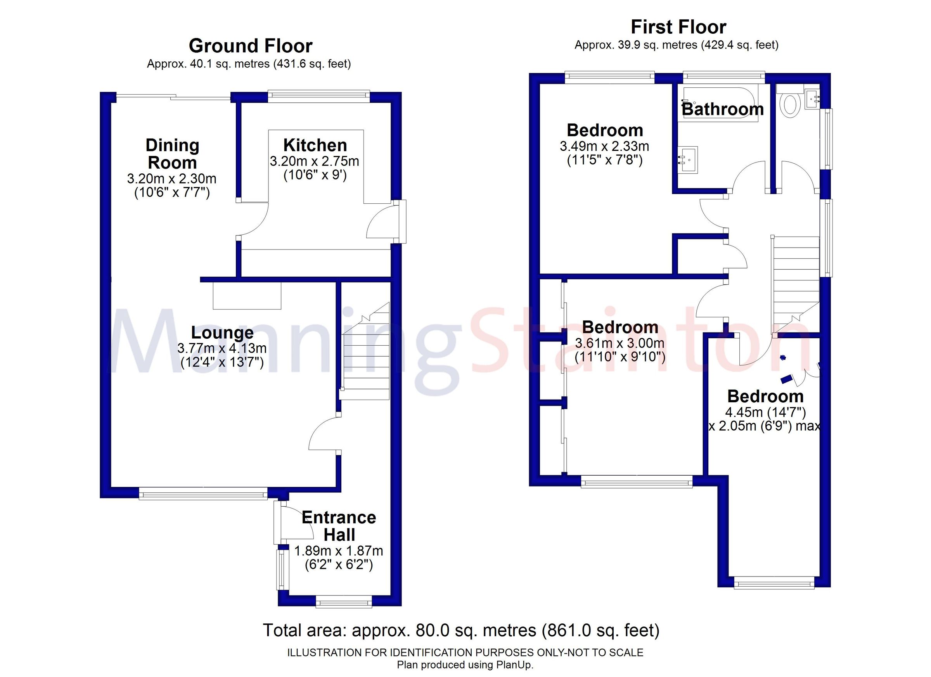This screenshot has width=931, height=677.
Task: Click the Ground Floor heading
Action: click(251, 46)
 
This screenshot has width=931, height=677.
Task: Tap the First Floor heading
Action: click(678, 27)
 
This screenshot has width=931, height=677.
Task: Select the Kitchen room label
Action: click(315, 145)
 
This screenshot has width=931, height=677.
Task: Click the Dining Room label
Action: click(172, 154)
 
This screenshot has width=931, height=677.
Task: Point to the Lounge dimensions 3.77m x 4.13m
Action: click(222, 348)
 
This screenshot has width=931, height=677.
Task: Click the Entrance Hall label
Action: click(339, 526)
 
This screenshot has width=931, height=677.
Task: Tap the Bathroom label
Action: click(722, 109)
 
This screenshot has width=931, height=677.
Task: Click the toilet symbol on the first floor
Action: click(790, 105)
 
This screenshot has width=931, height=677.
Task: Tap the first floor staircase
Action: click(796, 283)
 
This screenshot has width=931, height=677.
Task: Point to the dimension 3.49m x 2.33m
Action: click(604, 146)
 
